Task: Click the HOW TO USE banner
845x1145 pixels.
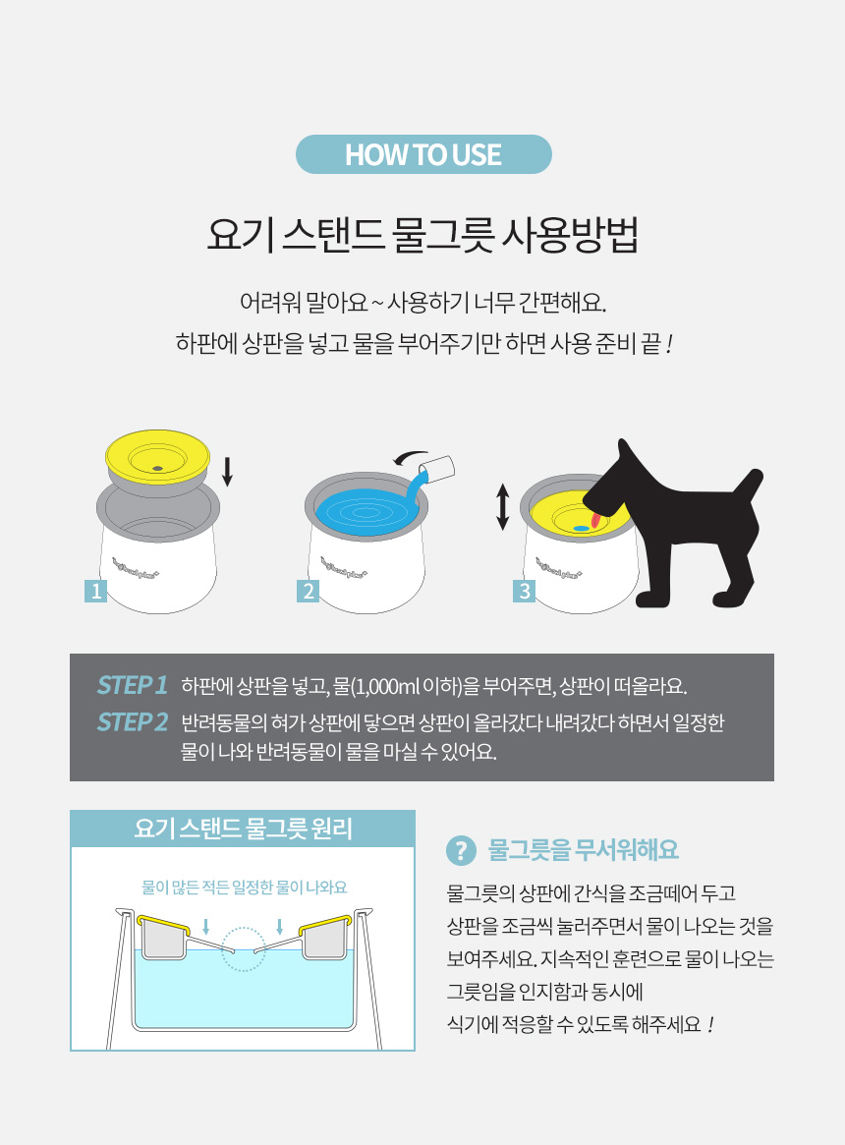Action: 423,154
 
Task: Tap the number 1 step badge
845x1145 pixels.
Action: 95,591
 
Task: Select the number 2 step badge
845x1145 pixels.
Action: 309,591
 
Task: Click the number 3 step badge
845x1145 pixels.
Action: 525,591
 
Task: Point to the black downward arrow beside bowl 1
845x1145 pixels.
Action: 227,472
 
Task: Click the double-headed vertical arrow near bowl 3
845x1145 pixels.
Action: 502,507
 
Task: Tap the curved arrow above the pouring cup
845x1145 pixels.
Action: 411,457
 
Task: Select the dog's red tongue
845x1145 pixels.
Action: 596,519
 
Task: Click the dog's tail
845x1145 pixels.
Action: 747,486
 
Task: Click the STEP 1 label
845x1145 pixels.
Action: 133,685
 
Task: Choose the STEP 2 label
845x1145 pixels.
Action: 133,721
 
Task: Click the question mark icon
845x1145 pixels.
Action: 461,850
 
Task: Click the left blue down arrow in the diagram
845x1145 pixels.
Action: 206,927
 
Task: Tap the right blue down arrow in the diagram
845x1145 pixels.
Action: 280,927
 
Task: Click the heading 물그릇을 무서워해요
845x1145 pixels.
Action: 583,850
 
